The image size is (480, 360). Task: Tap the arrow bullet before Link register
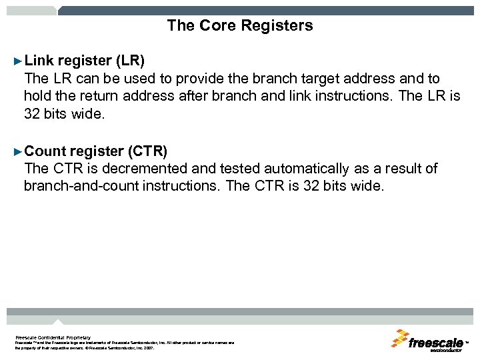coord(18,61)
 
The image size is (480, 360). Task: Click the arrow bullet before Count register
coord(18,151)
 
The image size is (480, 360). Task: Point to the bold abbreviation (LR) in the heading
coord(130,61)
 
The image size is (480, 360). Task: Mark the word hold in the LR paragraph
coord(38,96)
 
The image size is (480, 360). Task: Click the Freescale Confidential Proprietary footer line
coord(53,337)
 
